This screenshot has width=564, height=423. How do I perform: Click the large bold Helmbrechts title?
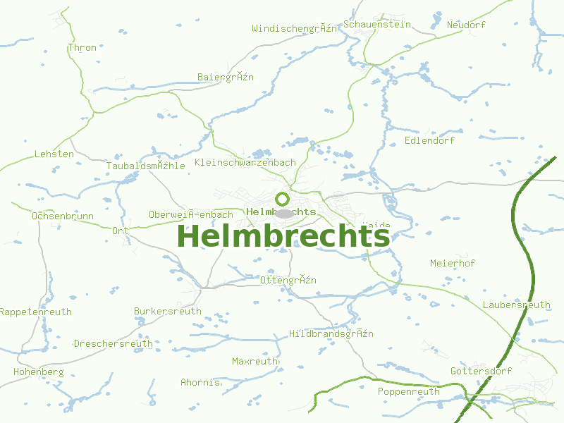coord(283,237)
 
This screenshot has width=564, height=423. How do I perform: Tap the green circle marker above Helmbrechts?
coord(282,199)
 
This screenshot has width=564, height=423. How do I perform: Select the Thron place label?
coord(82,48)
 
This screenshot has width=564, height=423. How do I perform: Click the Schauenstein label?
coord(377,25)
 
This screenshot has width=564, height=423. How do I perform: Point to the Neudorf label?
coord(466,25)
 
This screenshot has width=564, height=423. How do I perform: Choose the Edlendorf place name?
coord(429,140)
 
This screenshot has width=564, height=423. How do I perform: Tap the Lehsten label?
coord(54,154)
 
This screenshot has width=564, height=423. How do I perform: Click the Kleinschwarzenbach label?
coord(245,162)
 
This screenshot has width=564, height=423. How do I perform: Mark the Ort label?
coord(120,231)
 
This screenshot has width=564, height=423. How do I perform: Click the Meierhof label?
coord(453,263)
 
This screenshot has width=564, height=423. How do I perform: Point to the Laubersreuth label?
coord(517,305)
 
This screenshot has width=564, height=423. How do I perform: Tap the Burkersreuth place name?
coord(168,311)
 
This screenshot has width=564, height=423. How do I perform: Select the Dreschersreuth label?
coord(114,344)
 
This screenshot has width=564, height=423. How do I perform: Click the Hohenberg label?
coord(39,372)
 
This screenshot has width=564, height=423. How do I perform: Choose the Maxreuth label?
coord(255,361)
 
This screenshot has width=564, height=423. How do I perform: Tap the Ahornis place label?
coord(200,382)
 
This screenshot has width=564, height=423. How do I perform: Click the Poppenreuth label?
coord(409,391)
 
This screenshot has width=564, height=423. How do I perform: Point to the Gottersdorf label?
coord(482,371)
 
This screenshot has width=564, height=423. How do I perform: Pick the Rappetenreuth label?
coord(35,311)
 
